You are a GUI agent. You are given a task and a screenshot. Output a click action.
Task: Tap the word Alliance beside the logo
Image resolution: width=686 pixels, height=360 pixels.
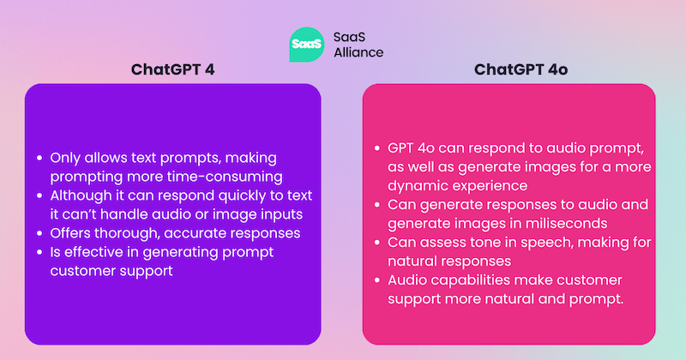pyautogui.click(x=358, y=51)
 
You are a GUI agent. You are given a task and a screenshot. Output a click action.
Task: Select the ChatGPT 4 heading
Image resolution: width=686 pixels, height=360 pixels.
pyautogui.click(x=172, y=69)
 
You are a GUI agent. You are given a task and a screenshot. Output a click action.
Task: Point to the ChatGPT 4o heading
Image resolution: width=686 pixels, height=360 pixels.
pyautogui.click(x=511, y=69)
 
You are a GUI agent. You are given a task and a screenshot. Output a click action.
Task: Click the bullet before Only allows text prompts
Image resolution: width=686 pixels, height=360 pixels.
pyautogui.click(x=39, y=158)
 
